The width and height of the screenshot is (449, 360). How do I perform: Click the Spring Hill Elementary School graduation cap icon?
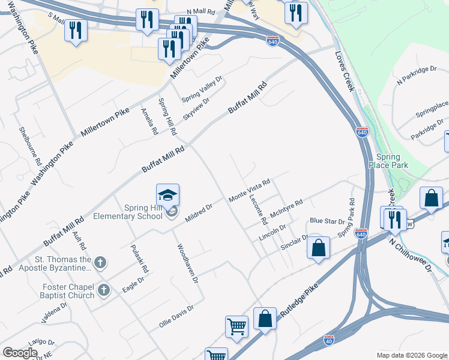pyautogui.click(x=167, y=195)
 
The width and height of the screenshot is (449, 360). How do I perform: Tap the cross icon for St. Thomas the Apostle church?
pyautogui.click(x=100, y=262)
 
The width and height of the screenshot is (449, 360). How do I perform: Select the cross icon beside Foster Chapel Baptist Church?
pyautogui.click(x=104, y=290)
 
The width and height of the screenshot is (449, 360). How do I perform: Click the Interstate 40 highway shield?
pyautogui.click(x=328, y=339)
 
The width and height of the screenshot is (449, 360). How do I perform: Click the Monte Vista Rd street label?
pyautogui.click(x=250, y=190)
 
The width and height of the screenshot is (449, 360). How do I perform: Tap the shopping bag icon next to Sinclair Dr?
pyautogui.click(x=319, y=247)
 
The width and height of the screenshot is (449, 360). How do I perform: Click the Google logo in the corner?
pyautogui.click(x=19, y=352)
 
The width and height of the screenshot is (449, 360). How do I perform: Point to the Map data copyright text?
pyautogui.click(x=411, y=355)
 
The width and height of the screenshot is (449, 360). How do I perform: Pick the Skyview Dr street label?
pyautogui.click(x=196, y=109)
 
